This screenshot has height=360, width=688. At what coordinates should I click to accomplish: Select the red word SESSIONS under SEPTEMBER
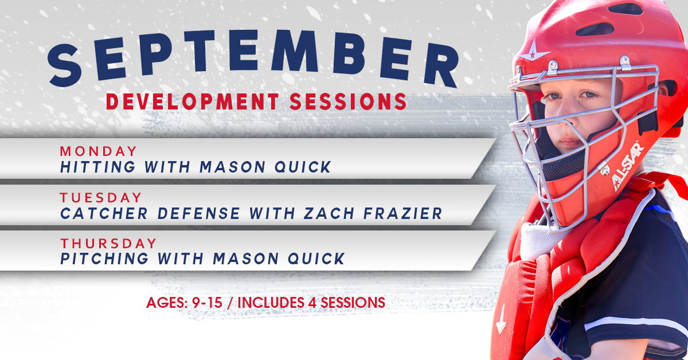(349, 101)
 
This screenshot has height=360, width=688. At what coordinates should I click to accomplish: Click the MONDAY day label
(98, 151)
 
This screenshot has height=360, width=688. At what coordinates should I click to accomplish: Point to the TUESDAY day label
(101, 198)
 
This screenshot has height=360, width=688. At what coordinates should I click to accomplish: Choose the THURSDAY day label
(108, 243)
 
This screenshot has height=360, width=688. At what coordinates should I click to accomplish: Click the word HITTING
(97, 167)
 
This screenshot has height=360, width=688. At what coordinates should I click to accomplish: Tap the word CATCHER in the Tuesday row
(104, 213)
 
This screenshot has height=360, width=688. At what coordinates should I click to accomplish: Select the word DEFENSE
(199, 213)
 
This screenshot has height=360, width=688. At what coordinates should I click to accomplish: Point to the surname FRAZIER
(402, 213)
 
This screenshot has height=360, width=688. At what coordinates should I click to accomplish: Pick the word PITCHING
(104, 259)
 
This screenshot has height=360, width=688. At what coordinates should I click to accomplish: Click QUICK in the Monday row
(303, 167)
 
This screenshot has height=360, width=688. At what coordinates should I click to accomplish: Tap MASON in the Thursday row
(246, 259)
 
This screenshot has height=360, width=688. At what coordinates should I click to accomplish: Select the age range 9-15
(207, 303)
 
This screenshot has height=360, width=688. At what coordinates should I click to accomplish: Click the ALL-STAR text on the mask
(628, 166)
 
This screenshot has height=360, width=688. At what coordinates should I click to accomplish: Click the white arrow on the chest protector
(501, 319)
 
